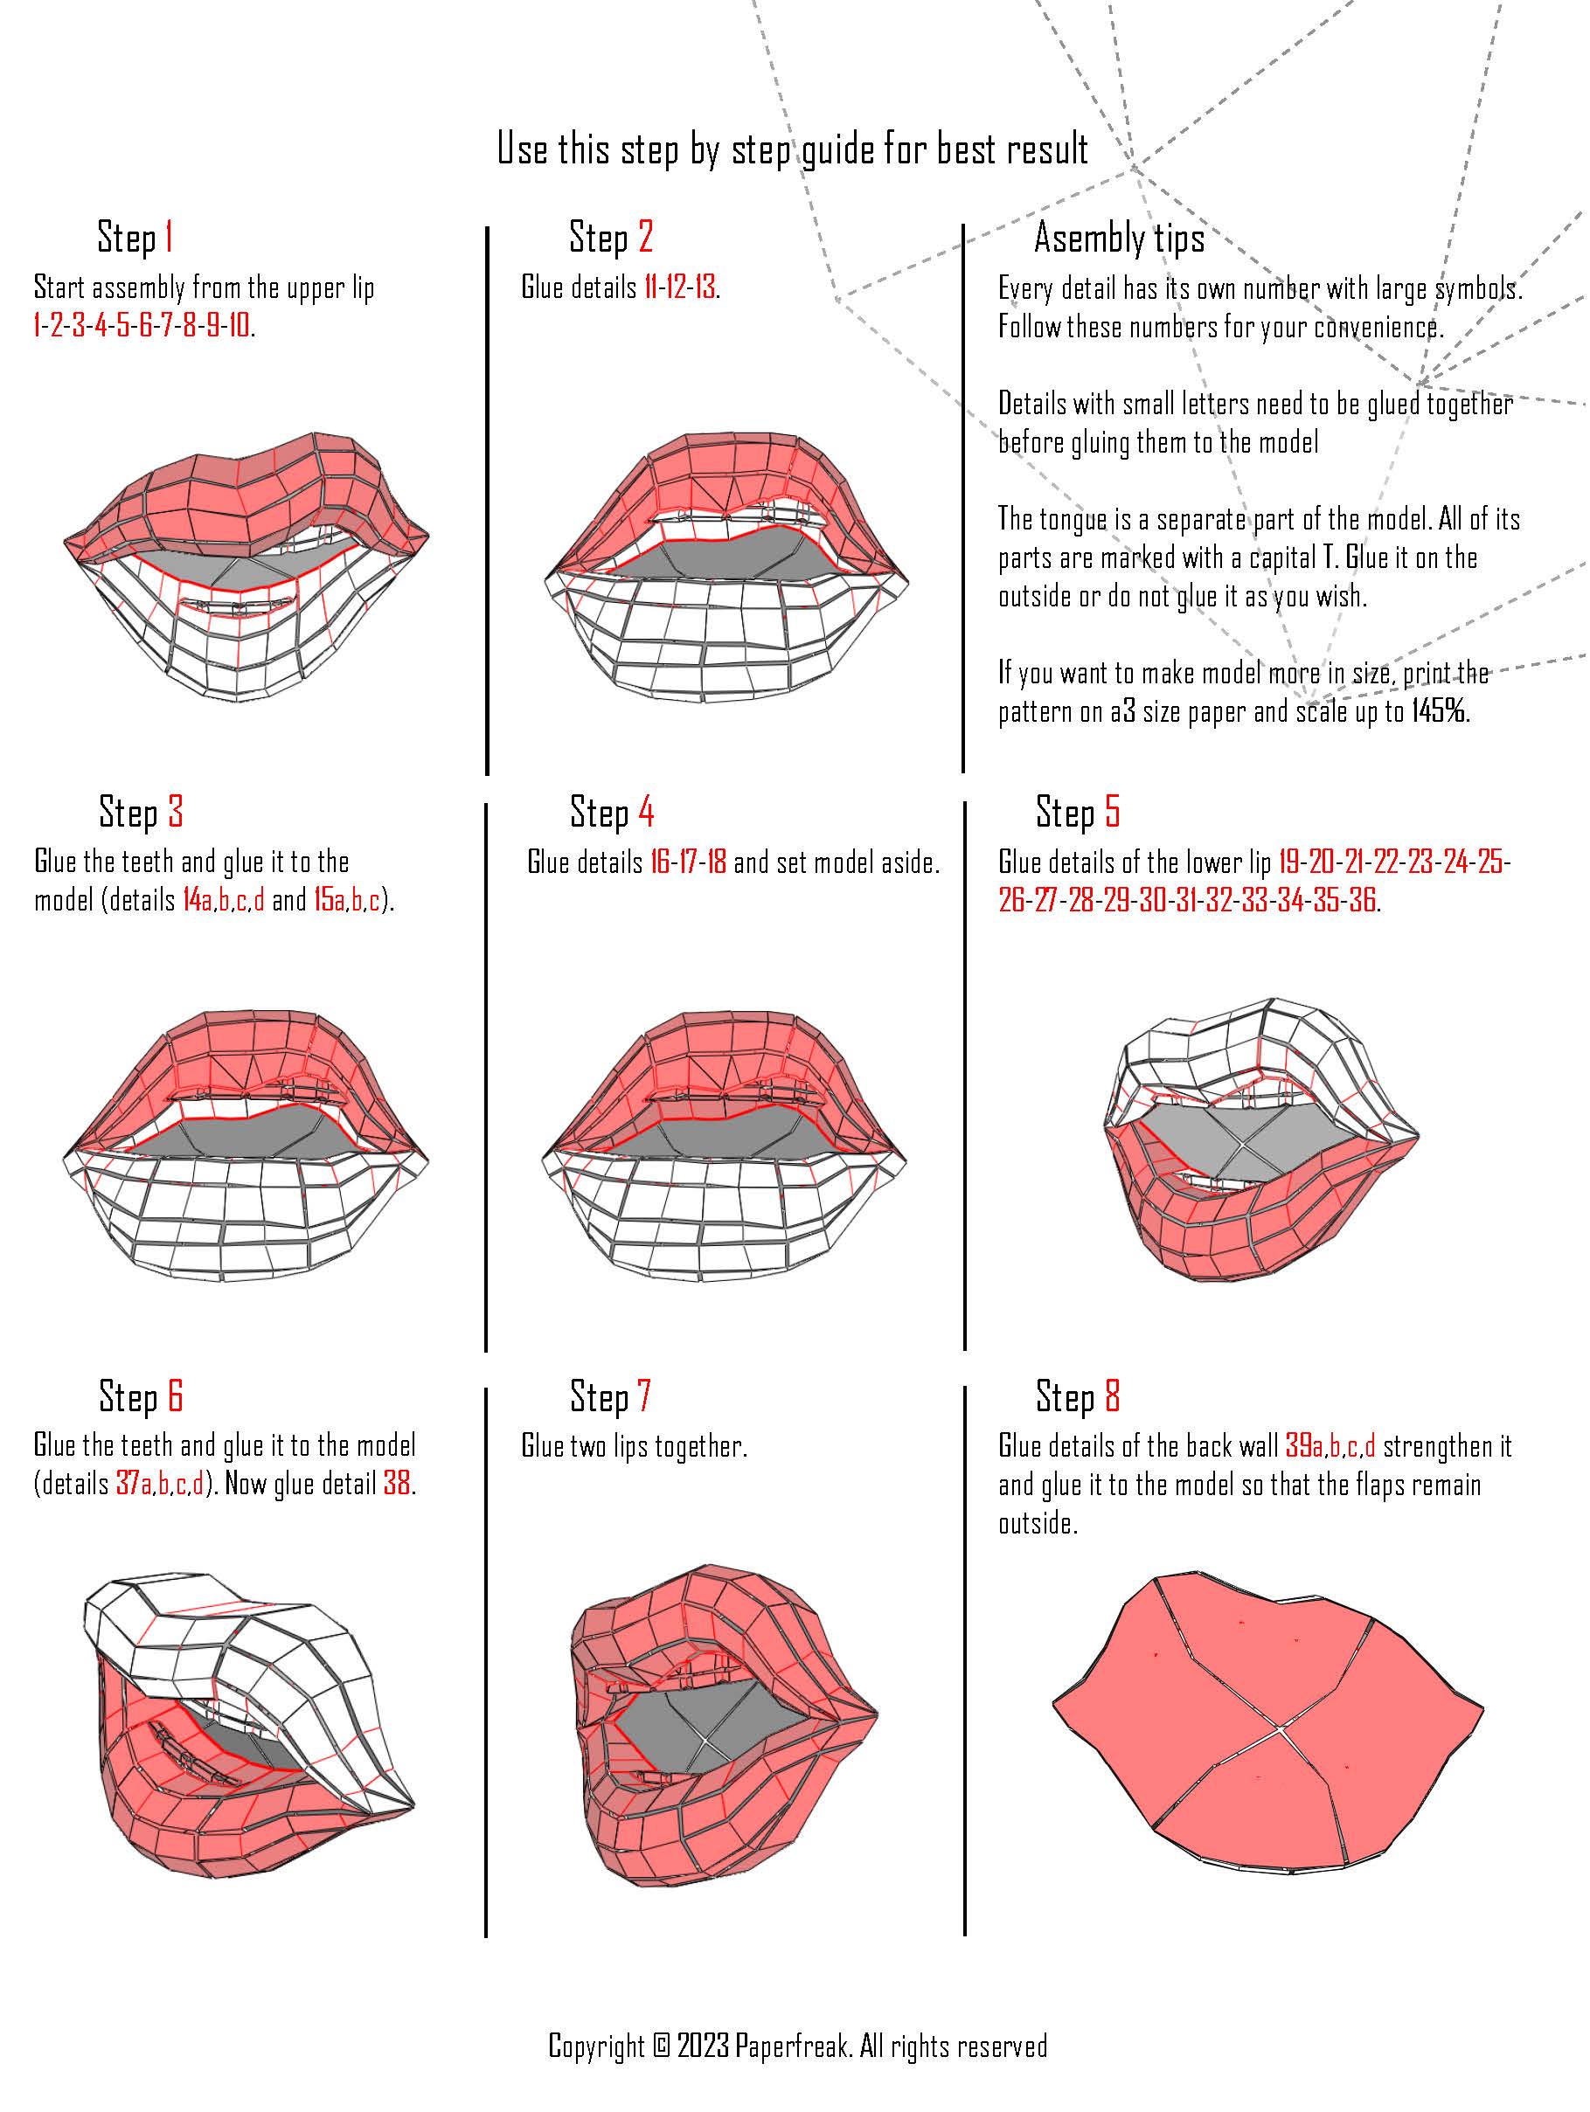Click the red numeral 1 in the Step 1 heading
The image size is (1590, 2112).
[x=169, y=236]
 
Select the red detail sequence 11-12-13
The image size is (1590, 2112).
[x=679, y=287]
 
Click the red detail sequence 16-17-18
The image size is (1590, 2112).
[x=688, y=862]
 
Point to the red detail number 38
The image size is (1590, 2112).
[x=397, y=1484]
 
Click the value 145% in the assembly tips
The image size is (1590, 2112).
[x=1439, y=711]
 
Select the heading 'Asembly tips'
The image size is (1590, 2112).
[x=1119, y=238]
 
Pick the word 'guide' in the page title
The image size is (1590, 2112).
[x=834, y=150]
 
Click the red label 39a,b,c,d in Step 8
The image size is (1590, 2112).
[x=1330, y=1445]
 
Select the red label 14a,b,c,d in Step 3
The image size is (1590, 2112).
[x=224, y=900]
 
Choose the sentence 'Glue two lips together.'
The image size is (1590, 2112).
[x=634, y=1445]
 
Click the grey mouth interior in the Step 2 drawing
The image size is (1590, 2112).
[x=726, y=555]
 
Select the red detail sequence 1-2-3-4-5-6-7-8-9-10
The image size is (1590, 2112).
[x=142, y=327]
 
